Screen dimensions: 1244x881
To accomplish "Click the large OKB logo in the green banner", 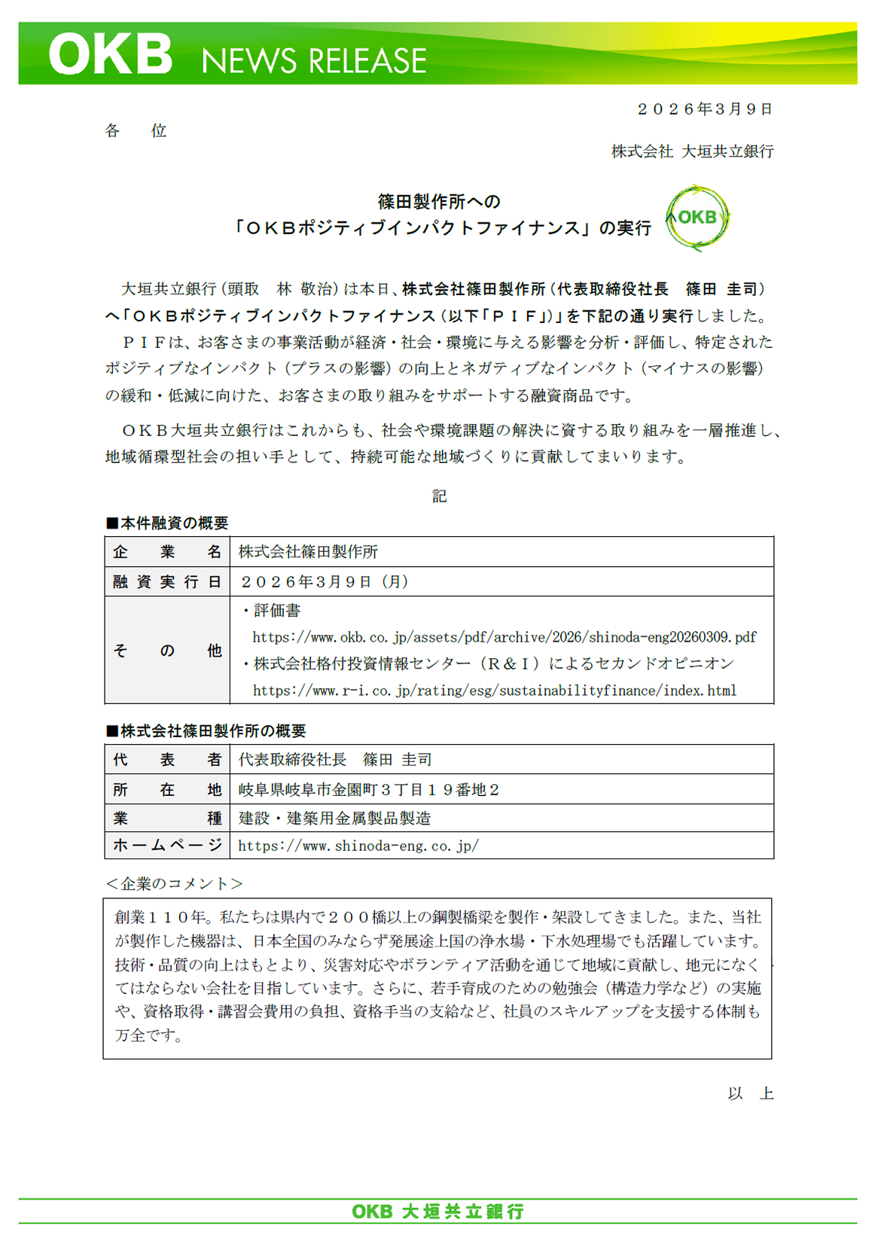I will coord(111,54).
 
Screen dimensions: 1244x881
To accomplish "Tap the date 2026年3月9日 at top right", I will coord(705,109).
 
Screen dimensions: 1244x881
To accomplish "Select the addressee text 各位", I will coord(136,131).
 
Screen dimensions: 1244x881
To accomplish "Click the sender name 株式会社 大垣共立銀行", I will coord(692,151).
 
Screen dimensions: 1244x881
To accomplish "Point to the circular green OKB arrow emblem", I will coord(697,218).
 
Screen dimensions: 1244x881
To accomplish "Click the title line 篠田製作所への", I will coord(439,202).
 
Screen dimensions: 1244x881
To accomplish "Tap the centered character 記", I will coord(440,495).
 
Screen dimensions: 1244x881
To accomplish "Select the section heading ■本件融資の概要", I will coord(167,523).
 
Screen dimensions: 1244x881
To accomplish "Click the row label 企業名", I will coord(167,552).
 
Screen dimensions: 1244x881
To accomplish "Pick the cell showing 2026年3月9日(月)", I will coord(324,582).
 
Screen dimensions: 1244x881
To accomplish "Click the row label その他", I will coord(167,651).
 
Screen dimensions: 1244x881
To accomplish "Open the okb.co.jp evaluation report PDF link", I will coord(505,637).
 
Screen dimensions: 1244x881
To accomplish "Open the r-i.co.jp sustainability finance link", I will coord(494,691).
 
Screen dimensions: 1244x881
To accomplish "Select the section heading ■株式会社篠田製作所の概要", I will coord(206,731).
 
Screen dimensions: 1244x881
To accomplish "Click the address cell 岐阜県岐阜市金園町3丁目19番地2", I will coord(369,790).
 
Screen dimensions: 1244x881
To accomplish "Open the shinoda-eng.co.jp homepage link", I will coord(358,846).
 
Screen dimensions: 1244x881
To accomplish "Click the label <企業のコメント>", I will coord(175,884).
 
